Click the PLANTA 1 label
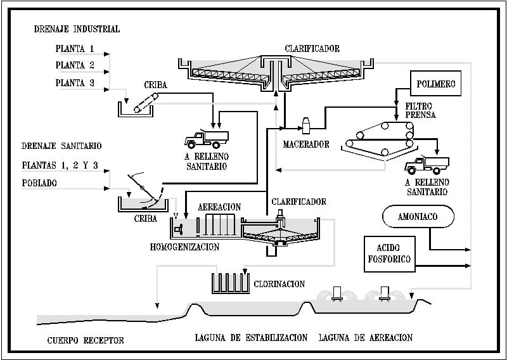click(x=74, y=48)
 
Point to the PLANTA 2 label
click(x=74, y=65)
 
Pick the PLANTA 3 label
click(x=74, y=82)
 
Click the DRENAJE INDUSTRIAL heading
click(x=77, y=29)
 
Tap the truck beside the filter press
click(x=426, y=165)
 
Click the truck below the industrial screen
click(x=206, y=139)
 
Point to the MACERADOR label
click(x=306, y=145)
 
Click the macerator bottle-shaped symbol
click(x=307, y=125)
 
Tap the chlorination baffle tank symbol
click(x=229, y=283)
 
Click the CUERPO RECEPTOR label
click(x=86, y=340)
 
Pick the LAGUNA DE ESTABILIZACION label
click(x=252, y=337)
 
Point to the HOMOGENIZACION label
click(x=184, y=247)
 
